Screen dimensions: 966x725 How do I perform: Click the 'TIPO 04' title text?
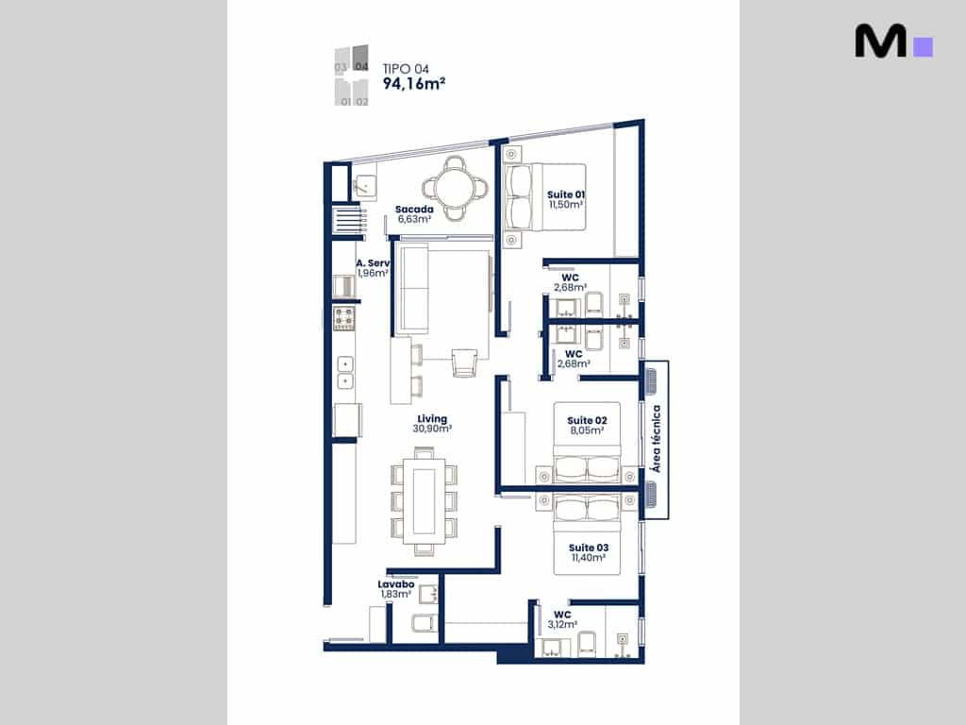click(x=406, y=69)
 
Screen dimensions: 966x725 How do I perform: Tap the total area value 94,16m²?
click(x=414, y=83)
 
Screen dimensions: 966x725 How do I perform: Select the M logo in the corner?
click(x=893, y=42)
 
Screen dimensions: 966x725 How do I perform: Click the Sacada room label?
click(x=414, y=209)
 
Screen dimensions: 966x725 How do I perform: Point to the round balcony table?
click(x=455, y=188)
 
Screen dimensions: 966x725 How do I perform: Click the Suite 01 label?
click(x=566, y=194)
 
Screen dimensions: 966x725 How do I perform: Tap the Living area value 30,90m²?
click(x=432, y=429)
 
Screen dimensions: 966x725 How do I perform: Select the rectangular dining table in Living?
click(x=425, y=501)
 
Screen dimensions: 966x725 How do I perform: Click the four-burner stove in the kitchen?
click(x=344, y=319)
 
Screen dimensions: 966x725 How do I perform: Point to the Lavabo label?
click(x=395, y=583)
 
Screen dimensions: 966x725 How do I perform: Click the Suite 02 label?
click(x=587, y=420)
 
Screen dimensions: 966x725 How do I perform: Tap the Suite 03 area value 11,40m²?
click(x=589, y=557)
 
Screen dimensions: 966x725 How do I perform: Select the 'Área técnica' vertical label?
click(x=657, y=438)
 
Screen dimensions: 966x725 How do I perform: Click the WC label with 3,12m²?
click(x=562, y=615)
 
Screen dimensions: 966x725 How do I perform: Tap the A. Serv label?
click(x=373, y=263)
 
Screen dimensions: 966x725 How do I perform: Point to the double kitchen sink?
click(x=345, y=372)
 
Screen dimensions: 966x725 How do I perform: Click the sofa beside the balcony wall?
click(x=413, y=288)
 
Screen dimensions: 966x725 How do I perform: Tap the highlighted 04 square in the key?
click(x=360, y=58)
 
